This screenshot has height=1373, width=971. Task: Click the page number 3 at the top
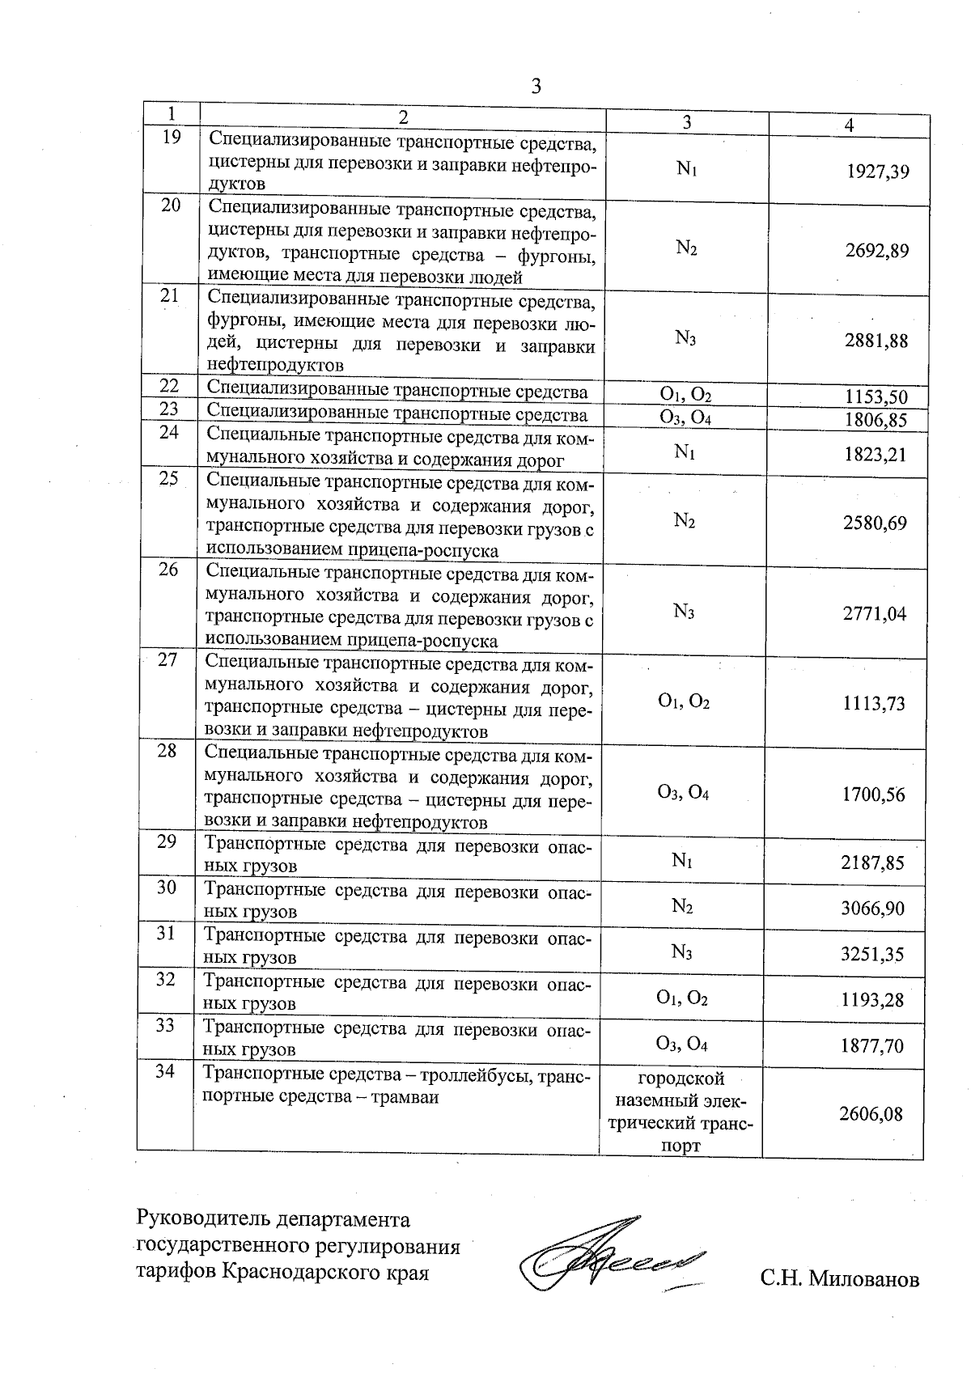(536, 86)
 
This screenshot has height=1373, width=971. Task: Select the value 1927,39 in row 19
(877, 172)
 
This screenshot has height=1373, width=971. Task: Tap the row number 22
(169, 386)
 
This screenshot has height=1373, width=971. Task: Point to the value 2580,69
(875, 523)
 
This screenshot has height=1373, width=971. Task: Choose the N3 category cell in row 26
(684, 612)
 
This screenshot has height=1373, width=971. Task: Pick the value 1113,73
(873, 704)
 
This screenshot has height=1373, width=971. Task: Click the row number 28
(167, 751)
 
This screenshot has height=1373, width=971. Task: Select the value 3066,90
(872, 909)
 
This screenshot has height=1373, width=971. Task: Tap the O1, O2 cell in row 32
(683, 999)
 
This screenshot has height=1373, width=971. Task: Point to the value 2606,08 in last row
(870, 1115)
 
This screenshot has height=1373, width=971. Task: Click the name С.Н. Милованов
(839, 1280)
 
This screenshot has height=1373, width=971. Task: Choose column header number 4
(848, 125)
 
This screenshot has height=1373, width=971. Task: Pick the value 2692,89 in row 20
(877, 251)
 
